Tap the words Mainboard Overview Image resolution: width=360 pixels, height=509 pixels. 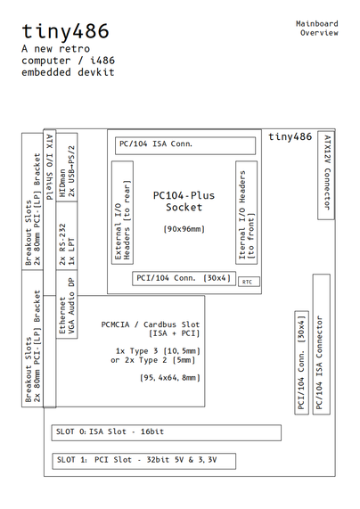click(318, 27)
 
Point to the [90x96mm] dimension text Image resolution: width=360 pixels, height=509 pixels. click(184, 229)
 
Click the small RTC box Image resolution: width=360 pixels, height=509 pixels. click(247, 281)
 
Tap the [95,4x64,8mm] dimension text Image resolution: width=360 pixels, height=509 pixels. click(151, 378)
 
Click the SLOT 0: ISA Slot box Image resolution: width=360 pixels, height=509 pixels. click(166, 433)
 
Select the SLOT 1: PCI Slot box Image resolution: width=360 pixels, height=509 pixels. click(166, 461)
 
